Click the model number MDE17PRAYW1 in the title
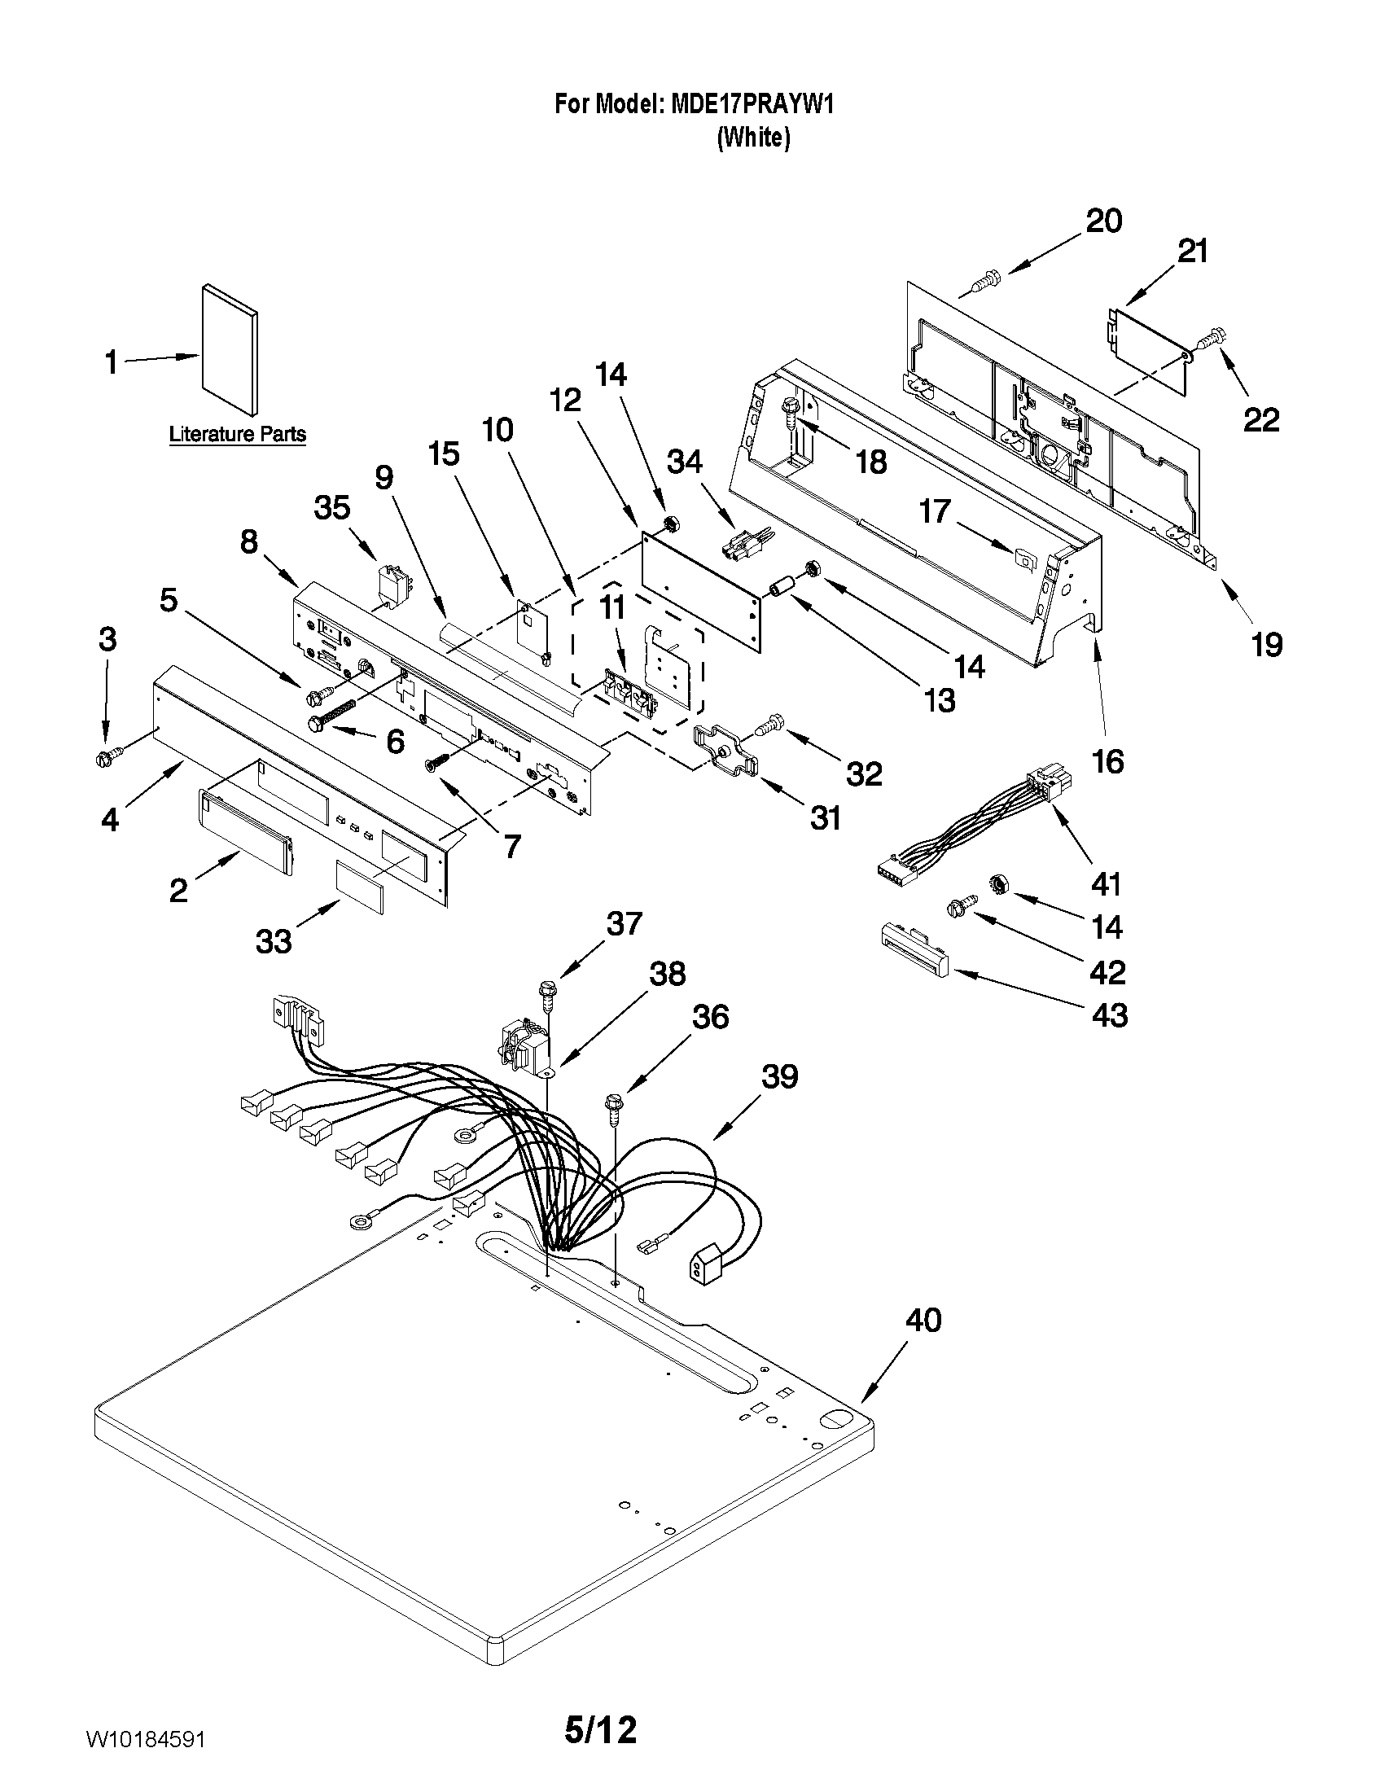tap(752, 104)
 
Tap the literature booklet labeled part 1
tap(230, 351)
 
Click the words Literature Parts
tap(237, 434)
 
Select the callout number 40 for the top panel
tap(923, 1321)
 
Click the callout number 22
tap(1261, 420)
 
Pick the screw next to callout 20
tap(981, 283)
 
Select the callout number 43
tap(1109, 1016)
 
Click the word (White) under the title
tap(753, 137)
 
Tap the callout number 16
tap(1107, 761)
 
